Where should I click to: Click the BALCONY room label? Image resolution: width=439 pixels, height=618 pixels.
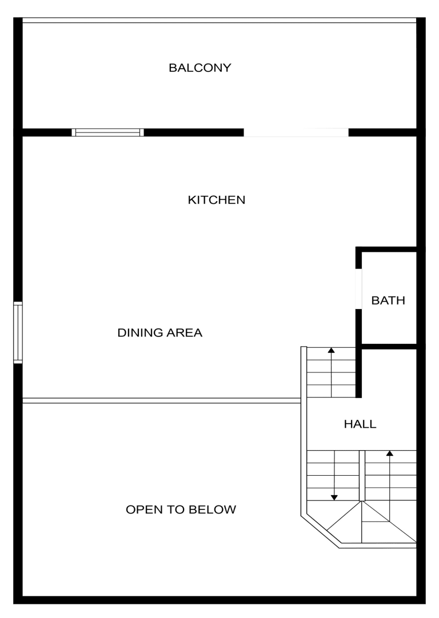(199, 68)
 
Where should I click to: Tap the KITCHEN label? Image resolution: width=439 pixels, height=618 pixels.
(216, 200)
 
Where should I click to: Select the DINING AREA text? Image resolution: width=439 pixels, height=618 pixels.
(159, 332)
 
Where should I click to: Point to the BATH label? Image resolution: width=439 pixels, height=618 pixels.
(388, 300)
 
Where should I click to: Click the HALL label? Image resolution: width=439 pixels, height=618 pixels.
(360, 424)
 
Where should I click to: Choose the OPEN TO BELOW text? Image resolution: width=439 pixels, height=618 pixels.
(181, 509)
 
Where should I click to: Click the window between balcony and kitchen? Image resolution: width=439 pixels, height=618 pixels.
(107, 133)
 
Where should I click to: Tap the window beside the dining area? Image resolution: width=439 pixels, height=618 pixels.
(18, 332)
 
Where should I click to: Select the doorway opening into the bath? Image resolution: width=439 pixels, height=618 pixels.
(358, 289)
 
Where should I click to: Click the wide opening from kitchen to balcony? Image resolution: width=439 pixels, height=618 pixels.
(296, 133)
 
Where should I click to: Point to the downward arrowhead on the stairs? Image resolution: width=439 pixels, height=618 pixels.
(334, 498)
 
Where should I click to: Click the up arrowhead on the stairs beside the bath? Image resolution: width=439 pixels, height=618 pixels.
(332, 350)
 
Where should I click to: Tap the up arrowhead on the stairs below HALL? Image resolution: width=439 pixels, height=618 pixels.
(390, 454)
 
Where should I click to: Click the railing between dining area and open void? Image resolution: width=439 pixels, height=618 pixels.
(162, 400)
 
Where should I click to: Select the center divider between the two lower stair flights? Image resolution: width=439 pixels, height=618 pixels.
(362, 476)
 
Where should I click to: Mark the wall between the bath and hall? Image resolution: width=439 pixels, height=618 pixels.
(389, 347)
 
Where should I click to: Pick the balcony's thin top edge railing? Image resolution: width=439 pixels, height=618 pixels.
(219, 20)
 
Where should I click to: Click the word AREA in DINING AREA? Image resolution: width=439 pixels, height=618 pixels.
(184, 332)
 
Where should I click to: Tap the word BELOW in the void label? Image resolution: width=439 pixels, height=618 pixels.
(212, 509)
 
